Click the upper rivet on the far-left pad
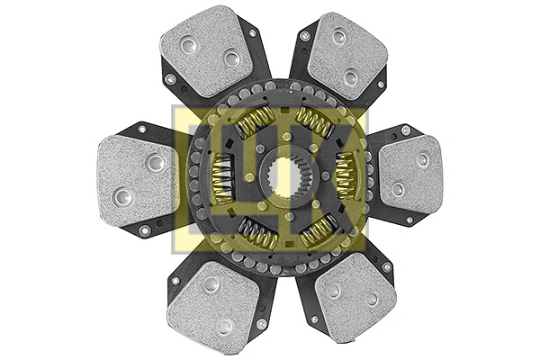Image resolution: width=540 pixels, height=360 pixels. [155, 162]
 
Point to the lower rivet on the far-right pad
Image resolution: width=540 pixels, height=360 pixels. [397, 189]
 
